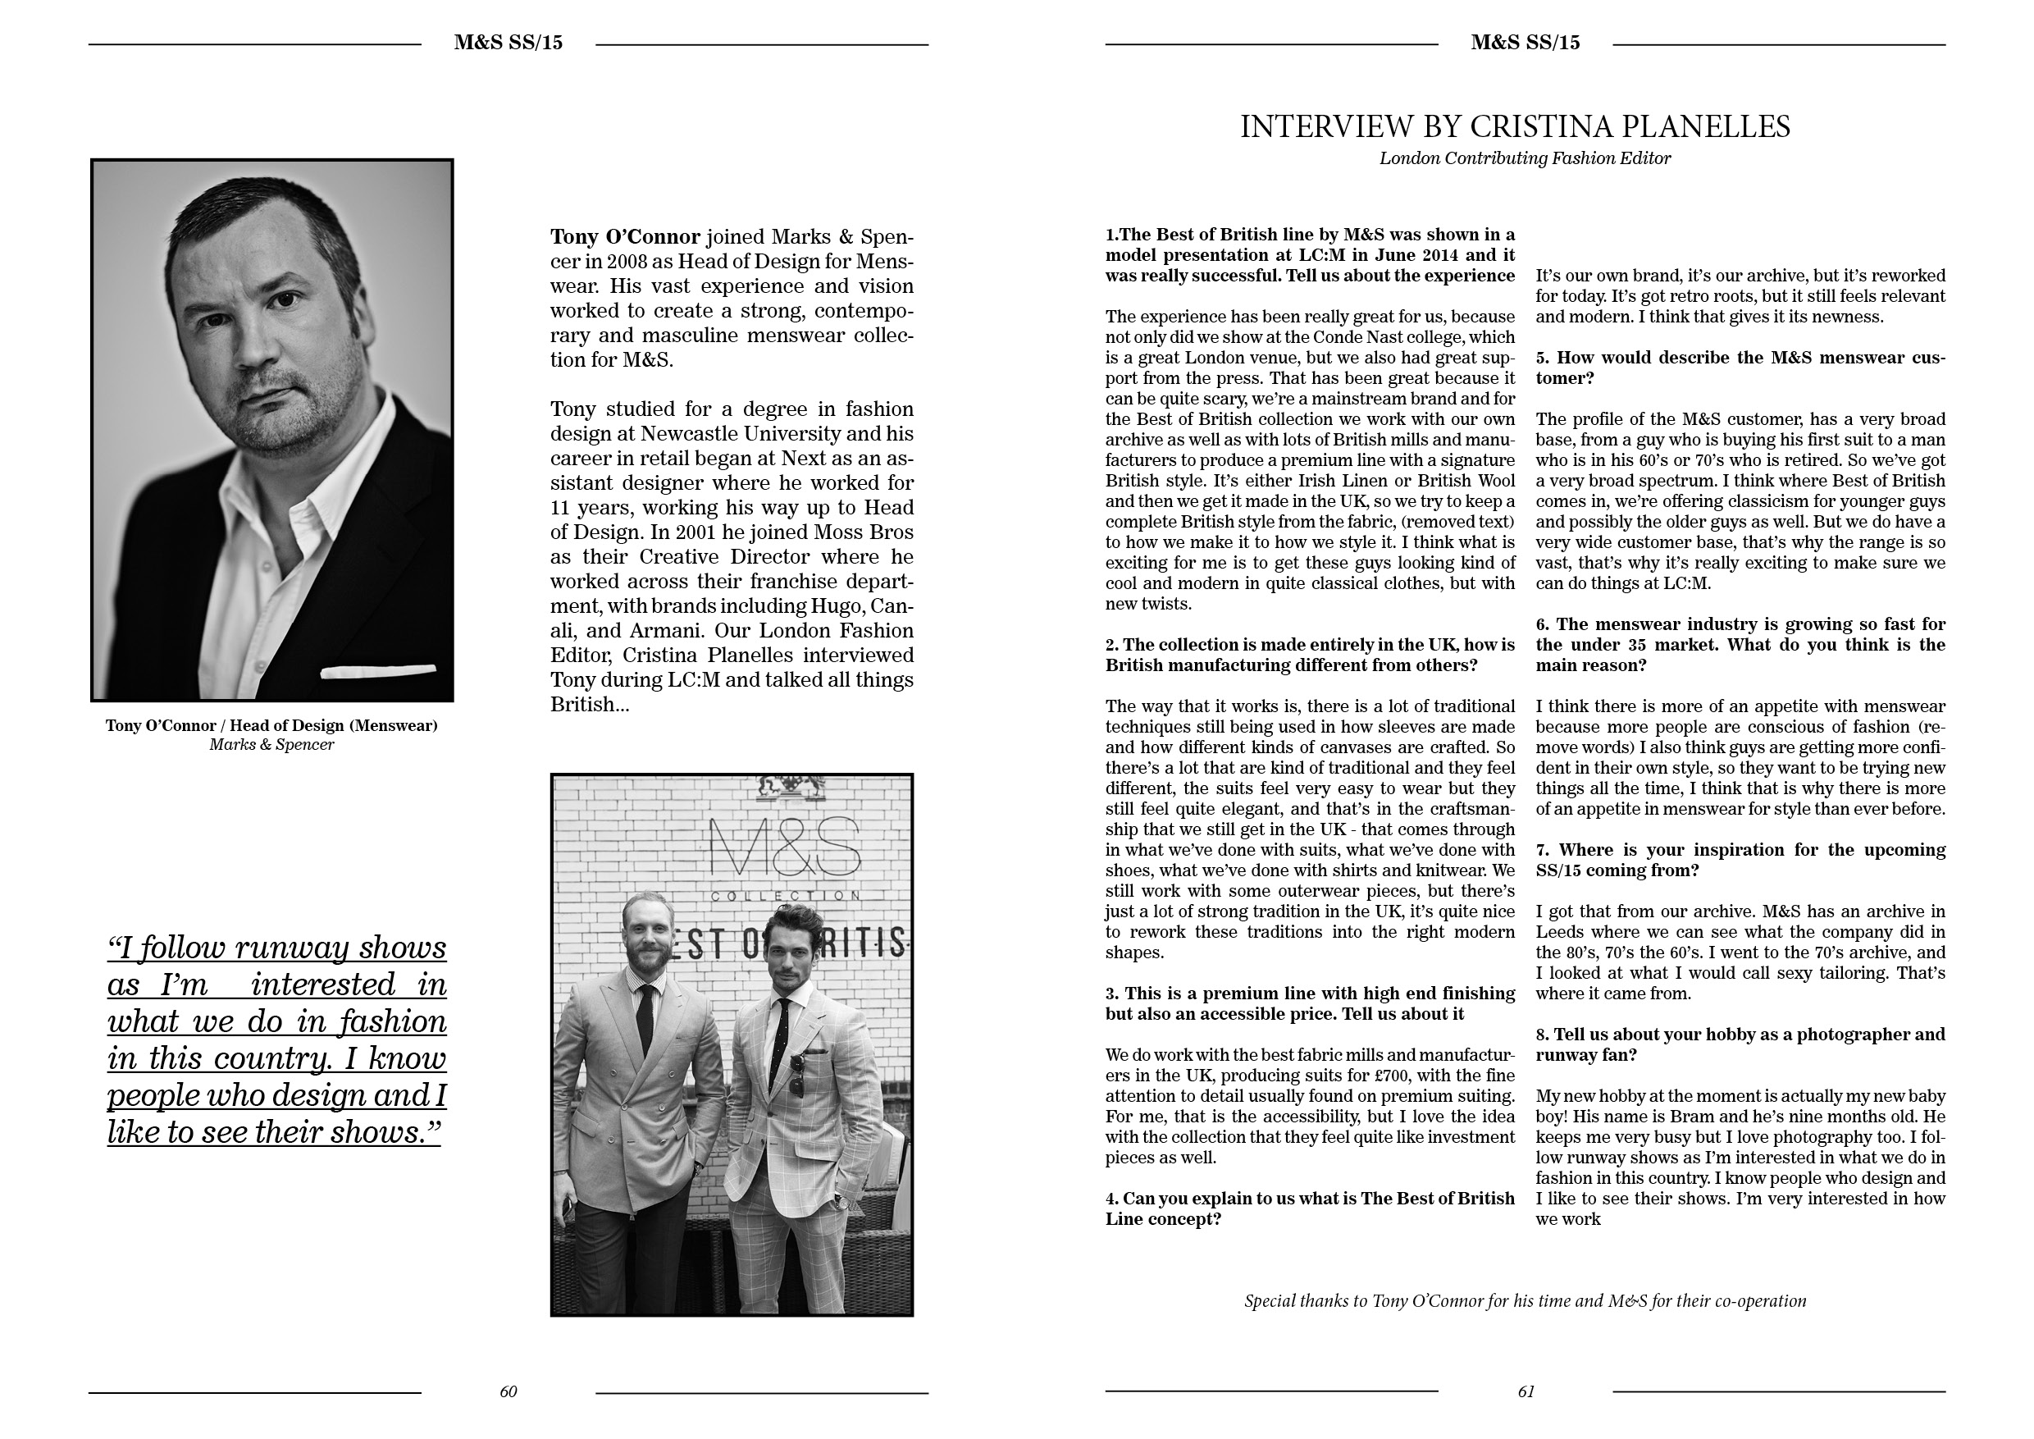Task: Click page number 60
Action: (508, 1391)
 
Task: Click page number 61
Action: (1525, 1391)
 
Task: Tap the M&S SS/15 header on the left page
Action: (508, 43)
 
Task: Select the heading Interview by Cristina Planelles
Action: (1514, 126)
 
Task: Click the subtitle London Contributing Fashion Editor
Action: (1525, 158)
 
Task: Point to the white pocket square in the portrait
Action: (378, 672)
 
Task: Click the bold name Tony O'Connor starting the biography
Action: (624, 236)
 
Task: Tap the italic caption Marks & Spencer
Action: (271, 744)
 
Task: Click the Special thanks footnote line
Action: (1525, 1301)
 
